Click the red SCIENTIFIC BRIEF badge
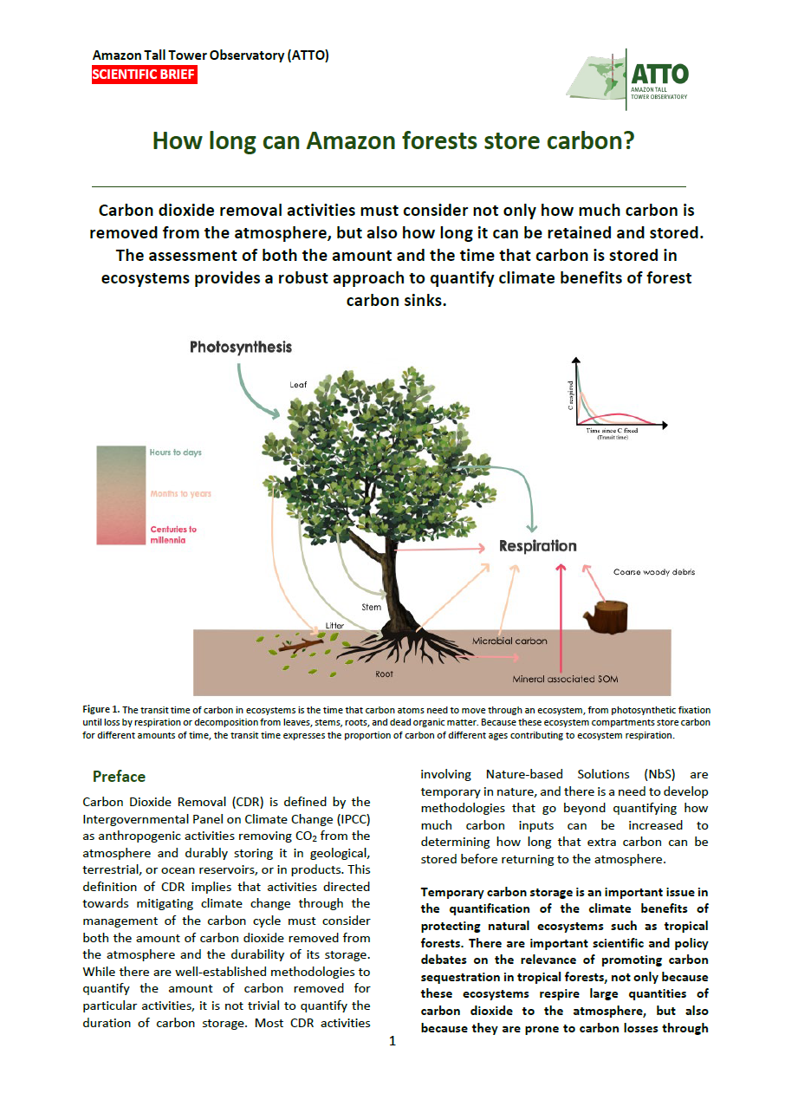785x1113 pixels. [144, 75]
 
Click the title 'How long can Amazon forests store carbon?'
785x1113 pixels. [393, 140]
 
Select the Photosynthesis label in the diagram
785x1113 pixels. [241, 347]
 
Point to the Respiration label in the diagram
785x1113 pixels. [537, 546]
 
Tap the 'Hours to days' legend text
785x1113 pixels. [175, 452]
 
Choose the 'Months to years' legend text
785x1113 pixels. [180, 493]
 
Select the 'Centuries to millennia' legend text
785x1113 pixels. [173, 534]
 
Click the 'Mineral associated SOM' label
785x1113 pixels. [565, 679]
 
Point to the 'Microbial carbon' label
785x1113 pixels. [509, 641]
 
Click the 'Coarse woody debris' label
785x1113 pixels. [654, 572]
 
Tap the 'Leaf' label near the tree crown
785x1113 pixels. [298, 383]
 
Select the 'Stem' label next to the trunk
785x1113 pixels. [371, 607]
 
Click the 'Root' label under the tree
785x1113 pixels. [384, 673]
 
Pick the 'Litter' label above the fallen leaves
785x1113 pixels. [334, 625]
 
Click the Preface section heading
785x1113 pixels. [119, 776]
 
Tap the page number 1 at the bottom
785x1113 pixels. [392, 1040]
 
